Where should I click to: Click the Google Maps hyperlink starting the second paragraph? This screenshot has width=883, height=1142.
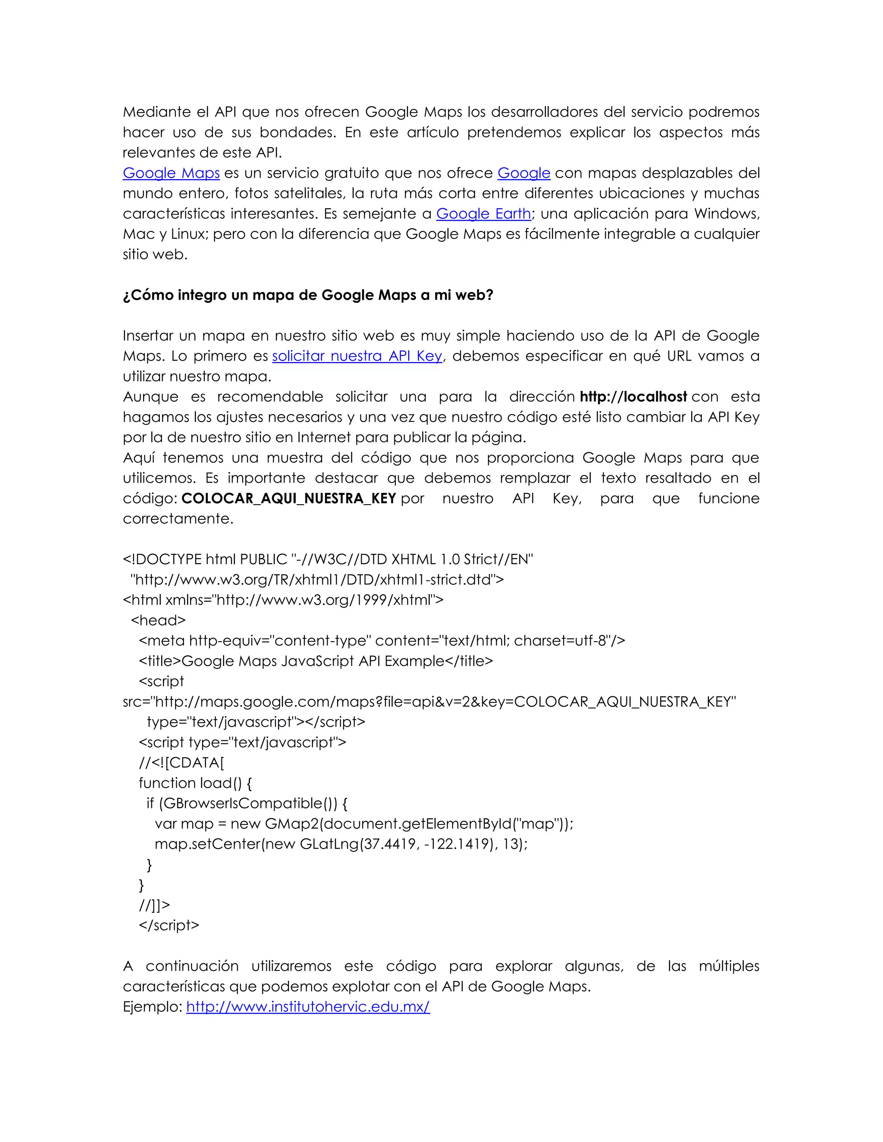pos(171,173)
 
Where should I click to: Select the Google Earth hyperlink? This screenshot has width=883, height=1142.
pos(483,214)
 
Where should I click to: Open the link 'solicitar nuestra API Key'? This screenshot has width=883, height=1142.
pos(357,356)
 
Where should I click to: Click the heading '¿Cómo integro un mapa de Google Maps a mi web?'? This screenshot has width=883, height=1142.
pos(307,296)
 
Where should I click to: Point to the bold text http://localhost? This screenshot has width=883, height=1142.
pos(633,397)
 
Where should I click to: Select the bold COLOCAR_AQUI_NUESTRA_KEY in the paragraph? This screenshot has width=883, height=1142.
pos(288,498)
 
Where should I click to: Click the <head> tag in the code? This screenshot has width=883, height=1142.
pos(158,620)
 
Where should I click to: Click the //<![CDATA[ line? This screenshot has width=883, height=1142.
pos(181,762)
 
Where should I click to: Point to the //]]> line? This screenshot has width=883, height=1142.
pos(154,905)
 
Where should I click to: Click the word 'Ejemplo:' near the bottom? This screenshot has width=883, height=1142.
pos(152,1007)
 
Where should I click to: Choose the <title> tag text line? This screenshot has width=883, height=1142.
pos(316,661)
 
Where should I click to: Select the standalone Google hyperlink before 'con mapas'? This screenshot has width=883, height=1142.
pos(523,173)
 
